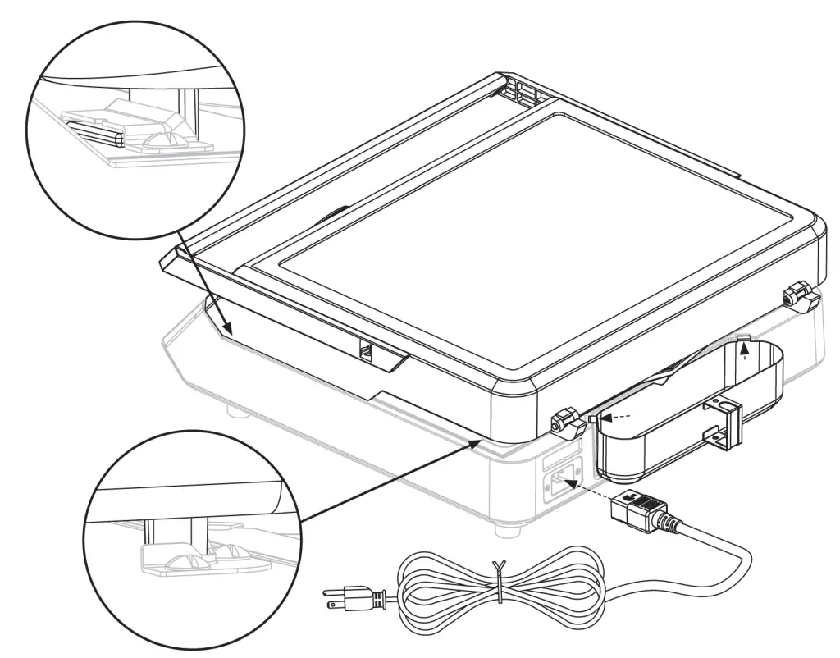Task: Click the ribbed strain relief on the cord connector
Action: [672, 524]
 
